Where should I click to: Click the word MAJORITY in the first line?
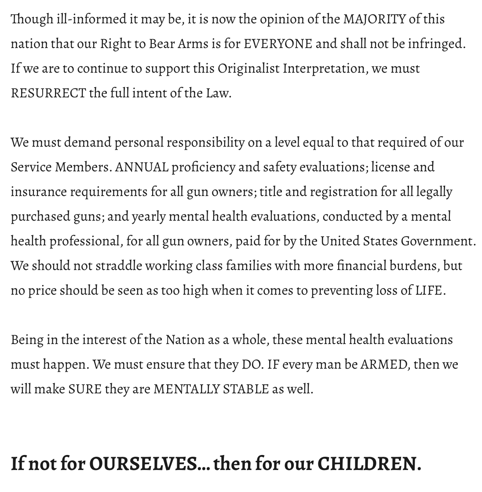point(374,19)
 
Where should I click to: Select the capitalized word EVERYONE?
point(278,44)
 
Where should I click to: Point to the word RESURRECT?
point(48,93)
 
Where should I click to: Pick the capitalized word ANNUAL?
point(141,167)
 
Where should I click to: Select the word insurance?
point(39,192)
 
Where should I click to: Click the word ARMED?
point(383,365)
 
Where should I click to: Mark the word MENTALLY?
point(186,389)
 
